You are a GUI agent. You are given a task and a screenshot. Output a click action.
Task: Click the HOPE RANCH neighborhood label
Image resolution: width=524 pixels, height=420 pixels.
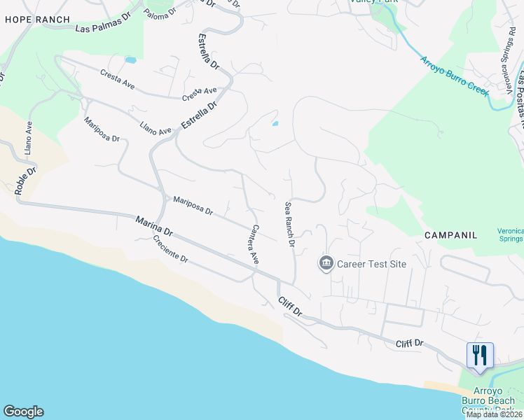pyautogui.click(x=37, y=20)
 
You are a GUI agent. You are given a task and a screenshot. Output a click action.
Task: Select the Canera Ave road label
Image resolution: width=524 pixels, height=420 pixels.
pyautogui.click(x=256, y=244)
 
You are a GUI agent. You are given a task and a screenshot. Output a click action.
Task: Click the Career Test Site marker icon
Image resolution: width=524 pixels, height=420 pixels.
pyautogui.click(x=326, y=264)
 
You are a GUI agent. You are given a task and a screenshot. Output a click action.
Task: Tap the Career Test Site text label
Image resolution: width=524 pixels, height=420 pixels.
pyautogui.click(x=371, y=264)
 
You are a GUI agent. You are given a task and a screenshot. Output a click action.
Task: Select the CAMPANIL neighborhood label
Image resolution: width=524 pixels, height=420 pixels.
pyautogui.click(x=450, y=236)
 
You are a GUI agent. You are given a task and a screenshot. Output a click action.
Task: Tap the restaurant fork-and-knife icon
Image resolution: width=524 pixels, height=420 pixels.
pyautogui.click(x=480, y=354)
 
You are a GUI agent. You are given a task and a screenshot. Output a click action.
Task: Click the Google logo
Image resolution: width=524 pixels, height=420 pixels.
pyautogui.click(x=23, y=412)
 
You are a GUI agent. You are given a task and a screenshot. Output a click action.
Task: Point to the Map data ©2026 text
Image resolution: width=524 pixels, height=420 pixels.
pyautogui.click(x=495, y=414)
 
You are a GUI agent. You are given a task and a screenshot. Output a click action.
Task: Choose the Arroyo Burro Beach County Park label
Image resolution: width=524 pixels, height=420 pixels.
pyautogui.click(x=488, y=400)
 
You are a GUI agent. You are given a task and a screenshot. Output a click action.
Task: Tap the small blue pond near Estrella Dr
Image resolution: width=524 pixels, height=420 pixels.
pyautogui.click(x=275, y=124)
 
